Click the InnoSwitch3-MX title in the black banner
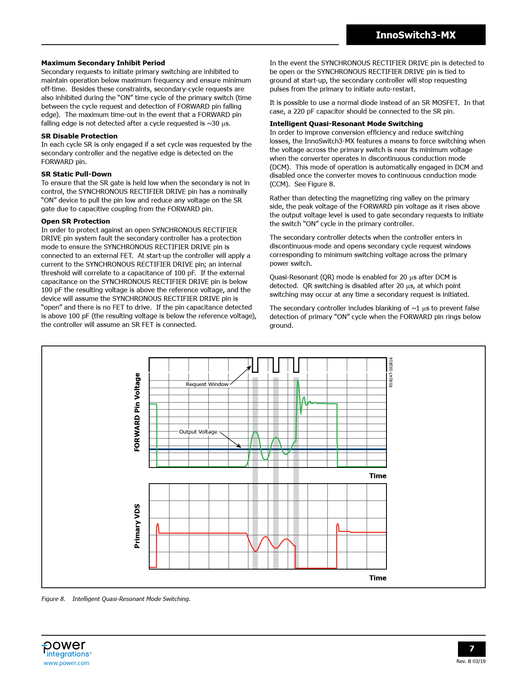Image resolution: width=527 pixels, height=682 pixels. (415, 35)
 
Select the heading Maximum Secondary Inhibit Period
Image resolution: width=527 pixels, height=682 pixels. (103, 63)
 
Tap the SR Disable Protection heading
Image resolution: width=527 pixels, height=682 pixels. (79, 136)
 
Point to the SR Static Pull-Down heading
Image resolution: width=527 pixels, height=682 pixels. (76, 174)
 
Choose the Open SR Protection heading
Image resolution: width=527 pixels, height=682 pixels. (76, 221)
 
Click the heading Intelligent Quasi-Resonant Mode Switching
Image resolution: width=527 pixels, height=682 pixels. (346, 124)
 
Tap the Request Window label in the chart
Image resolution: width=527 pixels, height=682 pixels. (207, 384)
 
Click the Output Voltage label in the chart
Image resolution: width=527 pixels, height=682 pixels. (198, 432)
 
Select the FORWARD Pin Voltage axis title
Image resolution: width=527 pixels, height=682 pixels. (137, 412)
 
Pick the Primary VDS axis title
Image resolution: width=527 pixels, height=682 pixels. (137, 526)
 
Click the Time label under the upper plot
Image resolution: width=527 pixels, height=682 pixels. (378, 476)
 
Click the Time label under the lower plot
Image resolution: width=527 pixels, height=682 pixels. (378, 578)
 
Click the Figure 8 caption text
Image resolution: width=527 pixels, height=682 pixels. (116, 599)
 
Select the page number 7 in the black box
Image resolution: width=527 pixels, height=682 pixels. (472, 649)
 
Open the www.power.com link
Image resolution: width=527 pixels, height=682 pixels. (67, 663)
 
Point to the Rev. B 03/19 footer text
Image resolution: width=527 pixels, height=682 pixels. (471, 661)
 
